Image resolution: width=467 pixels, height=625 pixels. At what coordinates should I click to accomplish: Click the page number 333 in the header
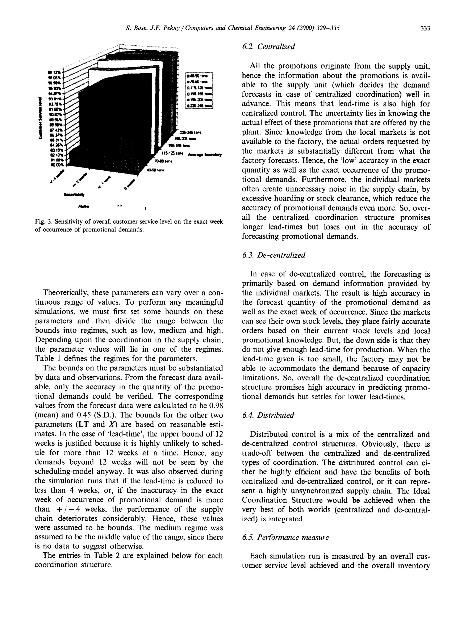[x=425, y=28]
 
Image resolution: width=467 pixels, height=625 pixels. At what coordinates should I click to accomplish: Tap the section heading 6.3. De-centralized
[x=274, y=255]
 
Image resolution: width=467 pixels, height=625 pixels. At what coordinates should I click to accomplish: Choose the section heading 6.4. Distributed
[x=268, y=415]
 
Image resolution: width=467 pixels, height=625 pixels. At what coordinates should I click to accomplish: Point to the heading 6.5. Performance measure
[x=285, y=537]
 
